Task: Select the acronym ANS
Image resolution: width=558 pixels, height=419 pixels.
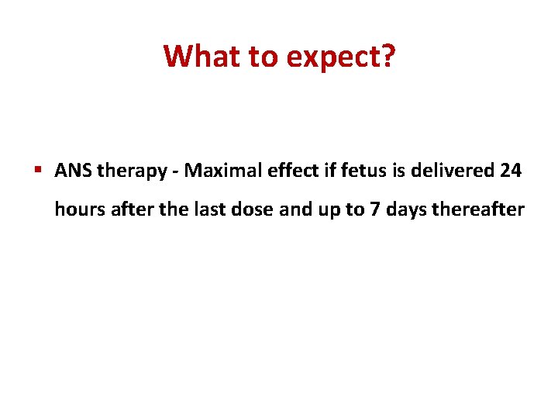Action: [x=72, y=171]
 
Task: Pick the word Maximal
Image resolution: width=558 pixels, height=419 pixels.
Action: [x=212, y=171]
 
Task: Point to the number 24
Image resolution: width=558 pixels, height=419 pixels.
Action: [x=511, y=171]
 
